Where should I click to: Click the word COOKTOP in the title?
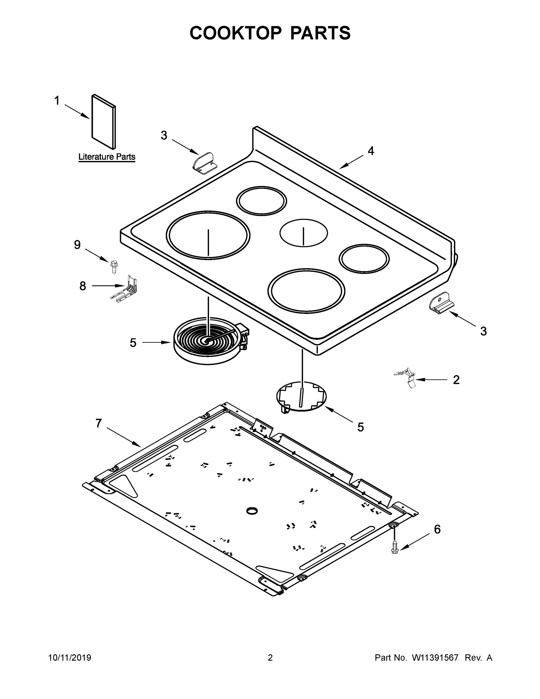[x=236, y=33]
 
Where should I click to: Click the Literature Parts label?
[x=107, y=157]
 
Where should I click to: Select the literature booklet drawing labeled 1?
[x=104, y=122]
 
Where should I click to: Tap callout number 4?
[x=371, y=151]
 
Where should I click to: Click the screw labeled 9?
[x=113, y=266]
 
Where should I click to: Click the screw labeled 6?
[x=395, y=547]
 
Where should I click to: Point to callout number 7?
[x=98, y=423]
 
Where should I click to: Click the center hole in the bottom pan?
[x=252, y=511]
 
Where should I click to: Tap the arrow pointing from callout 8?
[x=107, y=285]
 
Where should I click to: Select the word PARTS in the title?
[x=320, y=33]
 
